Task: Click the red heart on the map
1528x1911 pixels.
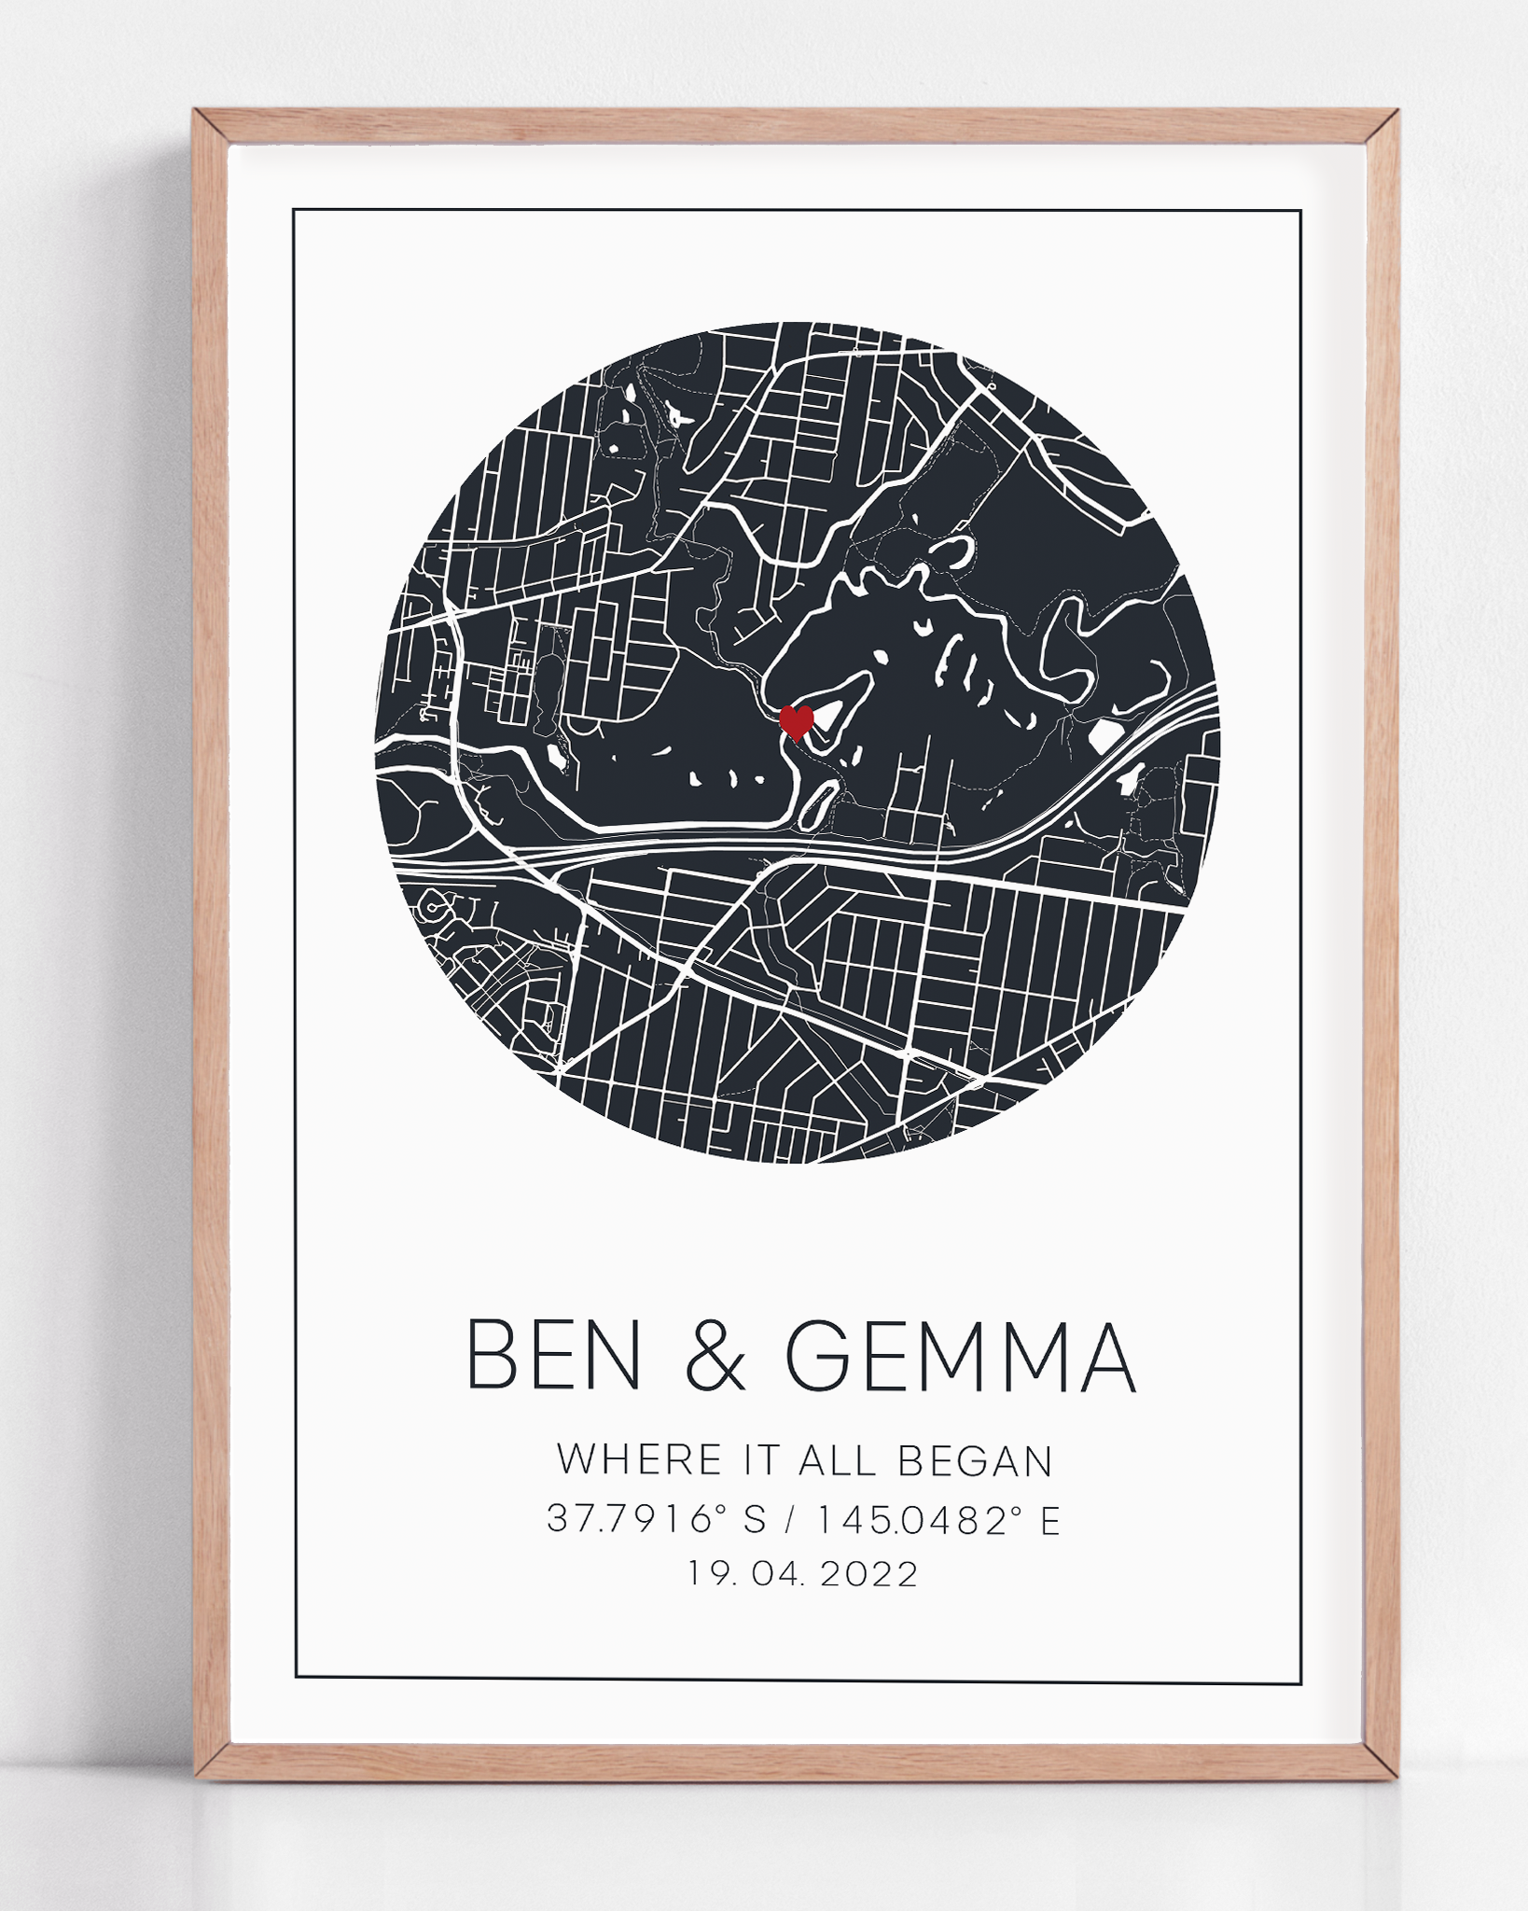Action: [796, 720]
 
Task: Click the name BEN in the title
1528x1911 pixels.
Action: [554, 1356]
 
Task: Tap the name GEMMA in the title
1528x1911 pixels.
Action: [961, 1356]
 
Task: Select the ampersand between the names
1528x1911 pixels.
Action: [715, 1357]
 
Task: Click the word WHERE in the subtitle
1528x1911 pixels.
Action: [640, 1460]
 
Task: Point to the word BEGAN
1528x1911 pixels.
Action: [975, 1461]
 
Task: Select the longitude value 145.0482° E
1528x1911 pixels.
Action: [939, 1519]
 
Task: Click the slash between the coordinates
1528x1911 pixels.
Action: [792, 1520]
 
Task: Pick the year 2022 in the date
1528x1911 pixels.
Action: [869, 1574]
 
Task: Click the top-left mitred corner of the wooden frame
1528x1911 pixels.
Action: [211, 127]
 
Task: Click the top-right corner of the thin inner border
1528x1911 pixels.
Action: [1300, 212]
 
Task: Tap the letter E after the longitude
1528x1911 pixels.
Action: [1050, 1520]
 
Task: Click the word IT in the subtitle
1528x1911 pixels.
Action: [760, 1460]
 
